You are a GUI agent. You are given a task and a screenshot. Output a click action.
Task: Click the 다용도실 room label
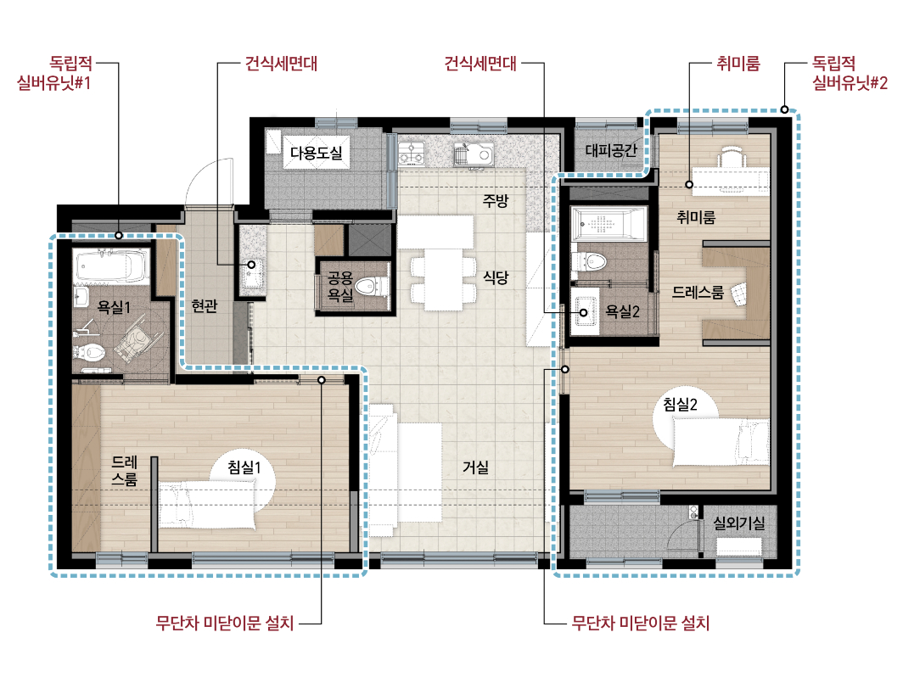(x=317, y=153)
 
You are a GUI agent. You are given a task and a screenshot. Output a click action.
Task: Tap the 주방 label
(x=496, y=201)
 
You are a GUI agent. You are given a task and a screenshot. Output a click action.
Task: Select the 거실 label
(x=475, y=467)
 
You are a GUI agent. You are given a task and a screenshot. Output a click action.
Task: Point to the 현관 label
(x=205, y=305)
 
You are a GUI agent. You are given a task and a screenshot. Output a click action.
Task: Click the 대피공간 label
(x=611, y=150)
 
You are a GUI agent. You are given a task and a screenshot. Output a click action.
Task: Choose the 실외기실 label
(x=739, y=523)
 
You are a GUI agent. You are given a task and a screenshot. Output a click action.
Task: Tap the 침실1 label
(x=244, y=467)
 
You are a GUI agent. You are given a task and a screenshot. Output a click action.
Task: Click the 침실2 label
(x=680, y=404)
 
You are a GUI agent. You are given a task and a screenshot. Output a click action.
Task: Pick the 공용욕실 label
(x=339, y=287)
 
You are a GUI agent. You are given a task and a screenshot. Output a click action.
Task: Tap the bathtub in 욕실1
(x=112, y=266)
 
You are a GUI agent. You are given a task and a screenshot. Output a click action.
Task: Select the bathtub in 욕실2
(x=609, y=222)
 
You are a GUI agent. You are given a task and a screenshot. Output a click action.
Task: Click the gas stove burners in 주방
(x=412, y=153)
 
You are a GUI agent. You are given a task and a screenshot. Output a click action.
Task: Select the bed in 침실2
(x=721, y=442)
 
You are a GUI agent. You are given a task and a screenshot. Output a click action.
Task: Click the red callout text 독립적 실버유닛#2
(x=850, y=73)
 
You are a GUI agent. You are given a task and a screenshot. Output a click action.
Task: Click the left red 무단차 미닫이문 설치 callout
(x=225, y=623)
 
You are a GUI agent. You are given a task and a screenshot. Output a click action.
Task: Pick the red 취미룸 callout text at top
(x=738, y=63)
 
